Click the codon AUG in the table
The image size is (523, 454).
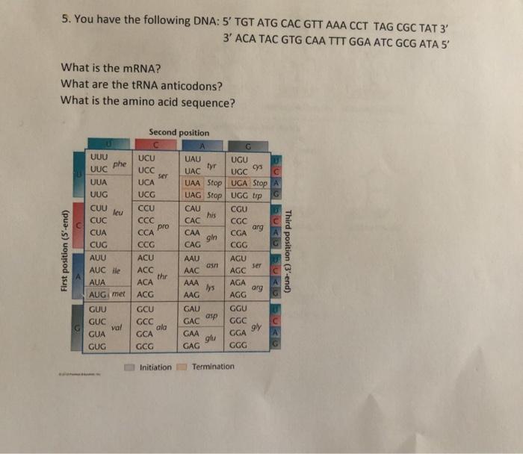point(99,296)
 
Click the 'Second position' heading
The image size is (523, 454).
point(179,132)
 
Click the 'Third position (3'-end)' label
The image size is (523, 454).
point(288,243)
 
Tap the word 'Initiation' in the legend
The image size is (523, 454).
point(155,367)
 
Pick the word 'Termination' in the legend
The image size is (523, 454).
point(213,367)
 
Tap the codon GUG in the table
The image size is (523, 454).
point(98,347)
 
